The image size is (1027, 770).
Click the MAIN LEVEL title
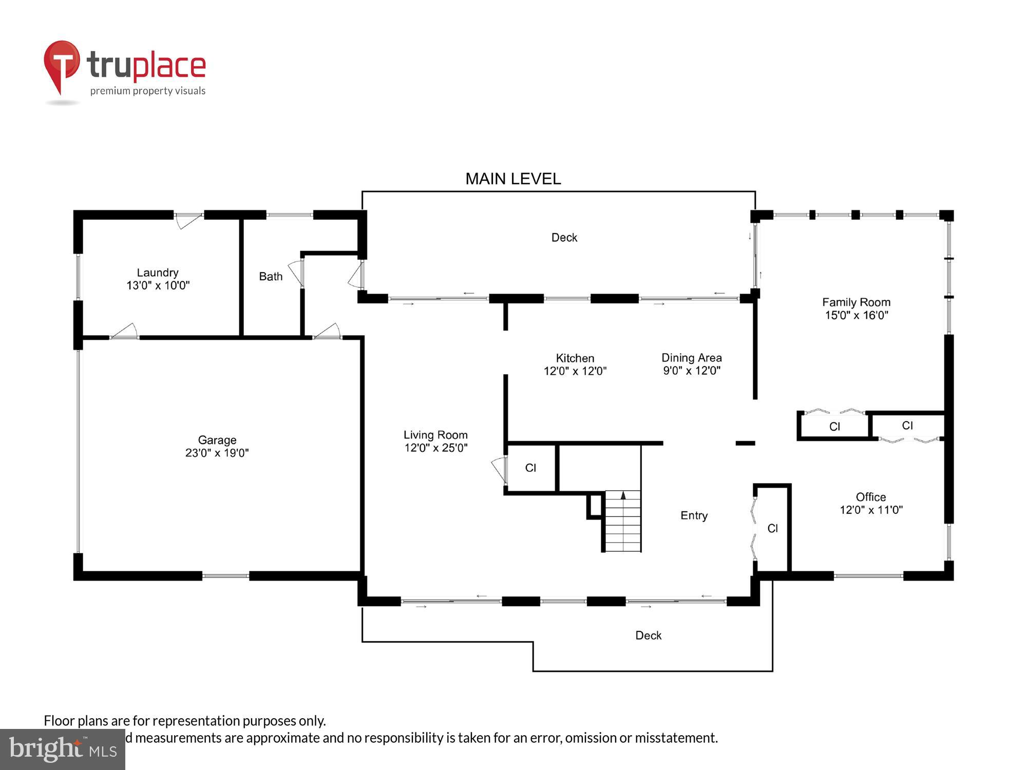(x=512, y=179)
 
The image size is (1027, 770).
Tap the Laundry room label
(x=157, y=273)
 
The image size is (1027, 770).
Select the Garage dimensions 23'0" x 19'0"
(x=217, y=453)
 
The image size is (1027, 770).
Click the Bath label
(x=271, y=277)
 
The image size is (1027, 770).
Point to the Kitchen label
(x=575, y=358)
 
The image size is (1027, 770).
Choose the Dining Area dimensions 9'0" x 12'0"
(x=691, y=371)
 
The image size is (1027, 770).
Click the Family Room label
(x=856, y=302)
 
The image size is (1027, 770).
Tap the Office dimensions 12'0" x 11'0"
(x=871, y=510)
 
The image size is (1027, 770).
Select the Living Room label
(x=435, y=435)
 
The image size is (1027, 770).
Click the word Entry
(x=694, y=515)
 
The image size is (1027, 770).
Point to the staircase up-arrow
(x=623, y=495)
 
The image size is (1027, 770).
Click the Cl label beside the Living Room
(x=530, y=468)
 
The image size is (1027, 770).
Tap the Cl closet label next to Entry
(x=772, y=528)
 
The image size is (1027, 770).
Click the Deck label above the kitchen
(x=564, y=238)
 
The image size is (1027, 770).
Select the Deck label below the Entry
(x=648, y=636)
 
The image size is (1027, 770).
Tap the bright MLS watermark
(x=63, y=749)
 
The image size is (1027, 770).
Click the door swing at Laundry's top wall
(x=188, y=221)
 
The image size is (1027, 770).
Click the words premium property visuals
(x=148, y=91)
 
